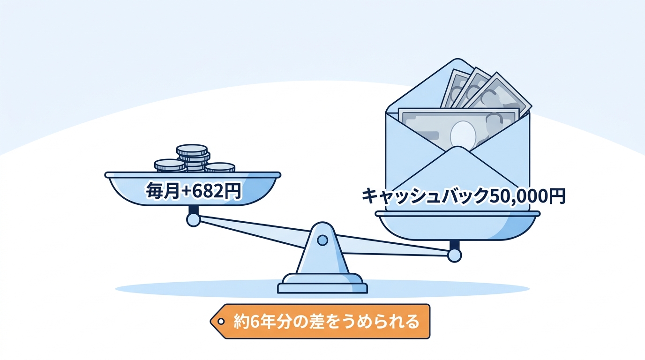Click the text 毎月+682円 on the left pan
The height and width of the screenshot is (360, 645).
click(x=193, y=191)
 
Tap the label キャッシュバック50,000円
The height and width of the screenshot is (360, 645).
click(x=463, y=196)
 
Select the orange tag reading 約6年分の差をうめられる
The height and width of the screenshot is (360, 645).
click(x=320, y=322)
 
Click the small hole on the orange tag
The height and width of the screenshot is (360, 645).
click(x=221, y=322)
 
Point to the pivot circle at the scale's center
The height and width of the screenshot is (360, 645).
click(x=322, y=240)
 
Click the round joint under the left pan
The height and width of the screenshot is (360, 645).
click(x=193, y=220)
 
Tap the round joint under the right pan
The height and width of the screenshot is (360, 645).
click(x=454, y=255)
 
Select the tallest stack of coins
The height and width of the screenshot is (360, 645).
click(x=193, y=157)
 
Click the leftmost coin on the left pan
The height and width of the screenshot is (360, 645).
click(x=170, y=165)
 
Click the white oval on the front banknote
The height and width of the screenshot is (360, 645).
click(x=463, y=135)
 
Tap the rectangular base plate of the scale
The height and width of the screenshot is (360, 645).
click(x=322, y=288)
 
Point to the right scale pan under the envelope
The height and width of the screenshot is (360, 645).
click(x=457, y=225)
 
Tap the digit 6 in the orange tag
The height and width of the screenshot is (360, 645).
click(x=254, y=322)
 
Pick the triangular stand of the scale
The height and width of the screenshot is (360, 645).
click(x=322, y=248)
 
